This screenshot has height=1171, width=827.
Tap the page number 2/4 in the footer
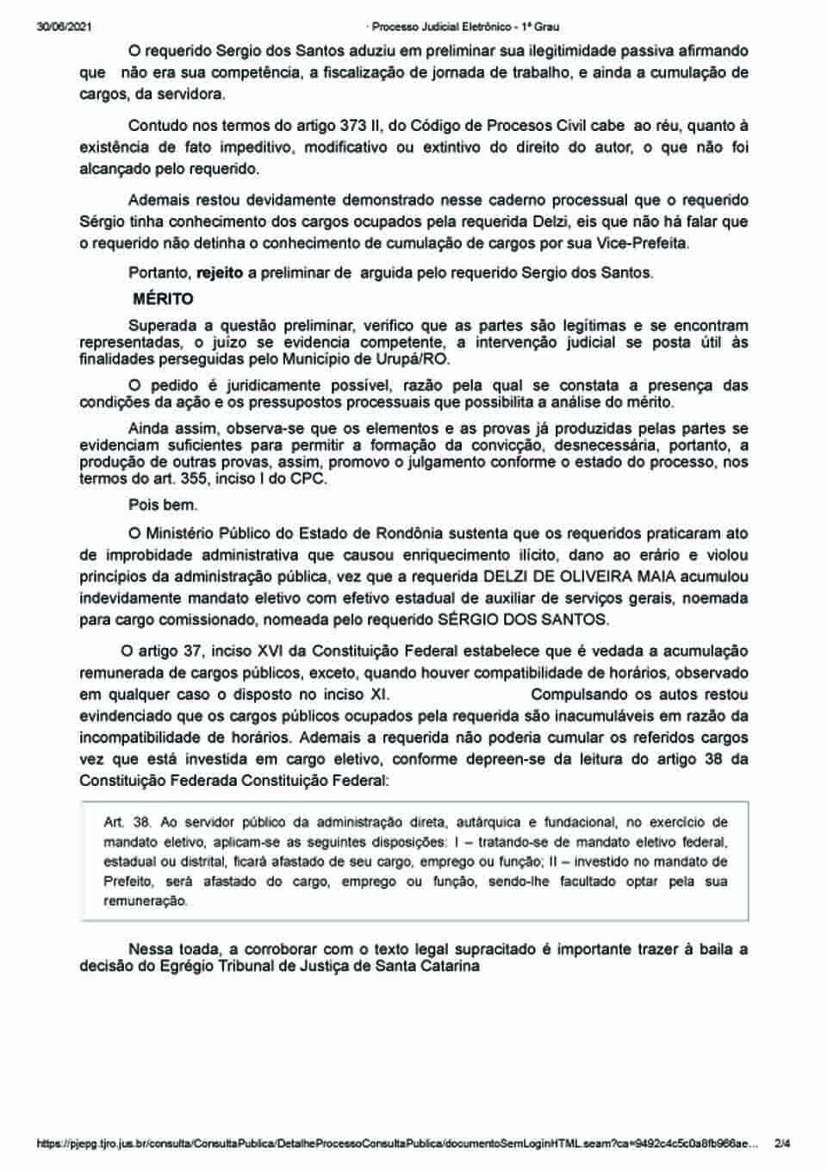point(782,1144)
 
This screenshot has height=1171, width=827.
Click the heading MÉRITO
point(163,299)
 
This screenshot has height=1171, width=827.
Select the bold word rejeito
point(220,273)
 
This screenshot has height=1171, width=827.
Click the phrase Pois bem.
point(163,504)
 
